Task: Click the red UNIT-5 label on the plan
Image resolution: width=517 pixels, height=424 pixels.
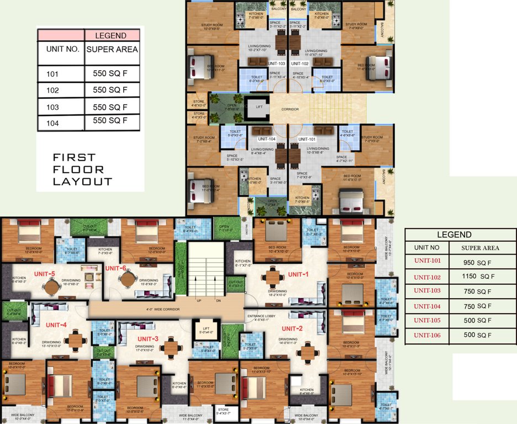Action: click(x=45, y=273)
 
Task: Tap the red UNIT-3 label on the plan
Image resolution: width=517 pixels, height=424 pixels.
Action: click(x=147, y=338)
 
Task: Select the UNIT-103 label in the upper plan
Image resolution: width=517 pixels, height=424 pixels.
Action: click(x=276, y=63)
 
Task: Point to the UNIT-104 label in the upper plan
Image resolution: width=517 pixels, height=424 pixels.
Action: click(x=266, y=139)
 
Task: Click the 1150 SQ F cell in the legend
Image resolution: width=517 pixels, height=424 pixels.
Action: click(x=479, y=276)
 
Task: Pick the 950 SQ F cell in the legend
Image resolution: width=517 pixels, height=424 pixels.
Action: click(x=479, y=262)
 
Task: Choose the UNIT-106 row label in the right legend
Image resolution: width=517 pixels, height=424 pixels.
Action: click(x=429, y=335)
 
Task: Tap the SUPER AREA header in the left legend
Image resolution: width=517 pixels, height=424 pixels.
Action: click(x=112, y=49)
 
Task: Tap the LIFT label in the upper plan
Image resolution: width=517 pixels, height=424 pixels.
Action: click(x=259, y=108)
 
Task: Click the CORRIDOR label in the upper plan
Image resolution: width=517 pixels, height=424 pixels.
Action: click(x=290, y=109)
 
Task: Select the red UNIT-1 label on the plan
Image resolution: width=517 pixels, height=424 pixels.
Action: click(x=297, y=274)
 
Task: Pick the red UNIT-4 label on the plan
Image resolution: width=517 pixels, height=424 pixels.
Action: click(x=56, y=325)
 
